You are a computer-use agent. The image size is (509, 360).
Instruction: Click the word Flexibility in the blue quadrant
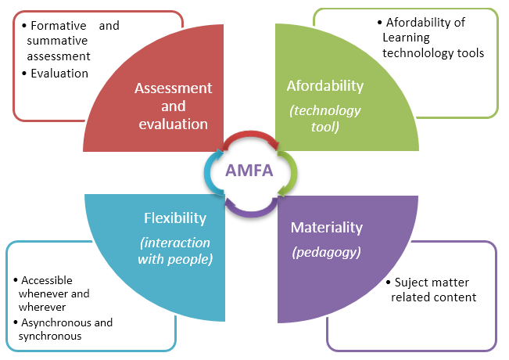[175, 218]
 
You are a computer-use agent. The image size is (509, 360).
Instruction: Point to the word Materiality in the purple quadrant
[327, 228]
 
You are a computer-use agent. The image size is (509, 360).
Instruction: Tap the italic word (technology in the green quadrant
[325, 110]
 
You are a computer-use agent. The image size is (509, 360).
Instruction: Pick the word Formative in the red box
[57, 26]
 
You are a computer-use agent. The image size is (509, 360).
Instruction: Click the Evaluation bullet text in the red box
[59, 74]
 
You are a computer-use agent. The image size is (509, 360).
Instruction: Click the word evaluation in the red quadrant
[174, 124]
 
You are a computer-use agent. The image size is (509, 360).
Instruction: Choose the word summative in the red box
[52, 41]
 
